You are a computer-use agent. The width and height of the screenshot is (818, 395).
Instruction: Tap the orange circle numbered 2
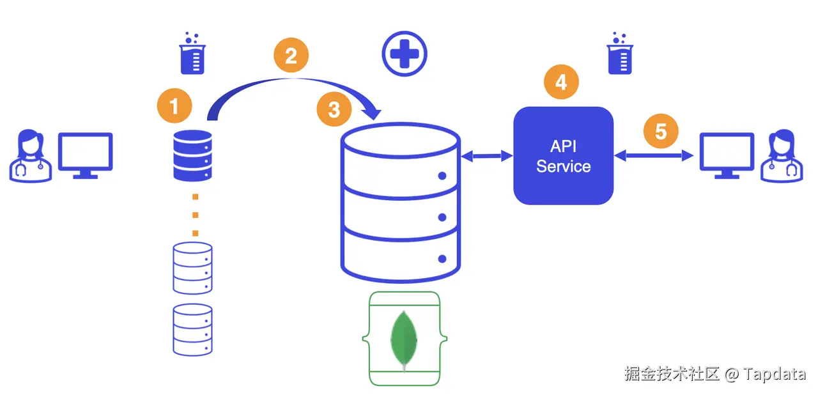pos(291,56)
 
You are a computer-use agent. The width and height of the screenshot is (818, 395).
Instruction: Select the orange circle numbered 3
pos(334,110)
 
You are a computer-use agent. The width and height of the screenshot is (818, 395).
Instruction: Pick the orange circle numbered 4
pos(561,82)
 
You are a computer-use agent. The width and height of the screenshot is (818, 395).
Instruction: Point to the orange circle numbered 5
pos(661,131)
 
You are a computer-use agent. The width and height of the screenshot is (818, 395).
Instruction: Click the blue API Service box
pos(563,156)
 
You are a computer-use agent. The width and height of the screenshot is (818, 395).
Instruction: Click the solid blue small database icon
pos(192,155)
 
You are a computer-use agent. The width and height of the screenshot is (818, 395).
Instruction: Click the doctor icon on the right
pos(782,156)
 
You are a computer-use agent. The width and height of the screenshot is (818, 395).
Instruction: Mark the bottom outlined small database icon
pos(192,329)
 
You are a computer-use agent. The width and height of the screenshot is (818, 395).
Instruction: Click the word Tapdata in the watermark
pos(775,374)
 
